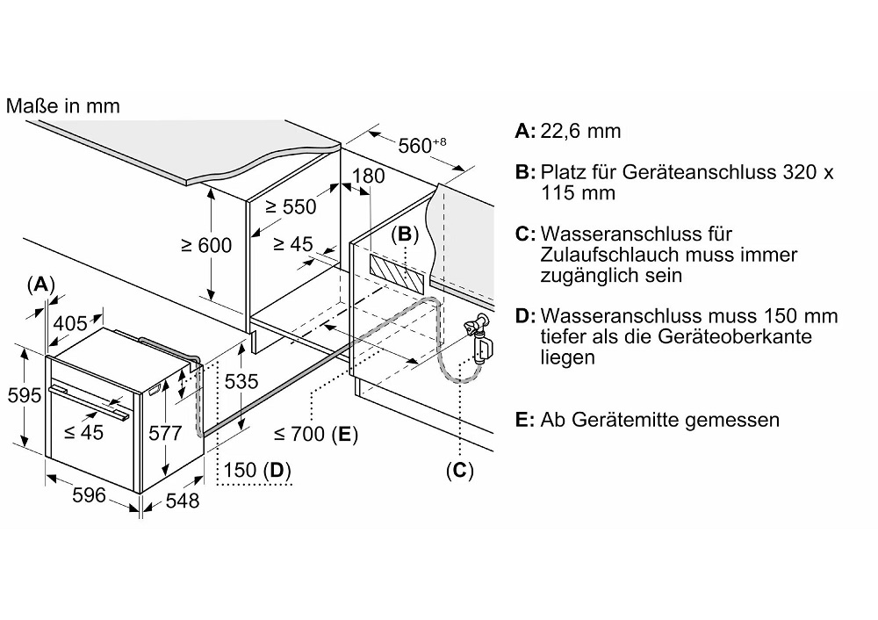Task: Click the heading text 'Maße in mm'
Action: point(62,106)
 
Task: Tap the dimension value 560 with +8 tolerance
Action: point(417,145)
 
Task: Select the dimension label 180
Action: point(368,176)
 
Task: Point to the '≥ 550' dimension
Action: point(291,207)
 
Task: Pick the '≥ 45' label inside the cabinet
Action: point(292,244)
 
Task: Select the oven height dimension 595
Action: point(23,395)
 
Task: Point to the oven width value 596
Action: point(88,495)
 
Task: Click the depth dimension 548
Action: point(183,501)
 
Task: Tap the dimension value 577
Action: point(165,433)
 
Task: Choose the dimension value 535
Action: point(241,382)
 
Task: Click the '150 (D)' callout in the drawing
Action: point(258,471)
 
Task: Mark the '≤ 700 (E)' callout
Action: point(315,434)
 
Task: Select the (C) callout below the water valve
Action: point(458,471)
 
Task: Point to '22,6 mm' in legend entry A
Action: point(581,131)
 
